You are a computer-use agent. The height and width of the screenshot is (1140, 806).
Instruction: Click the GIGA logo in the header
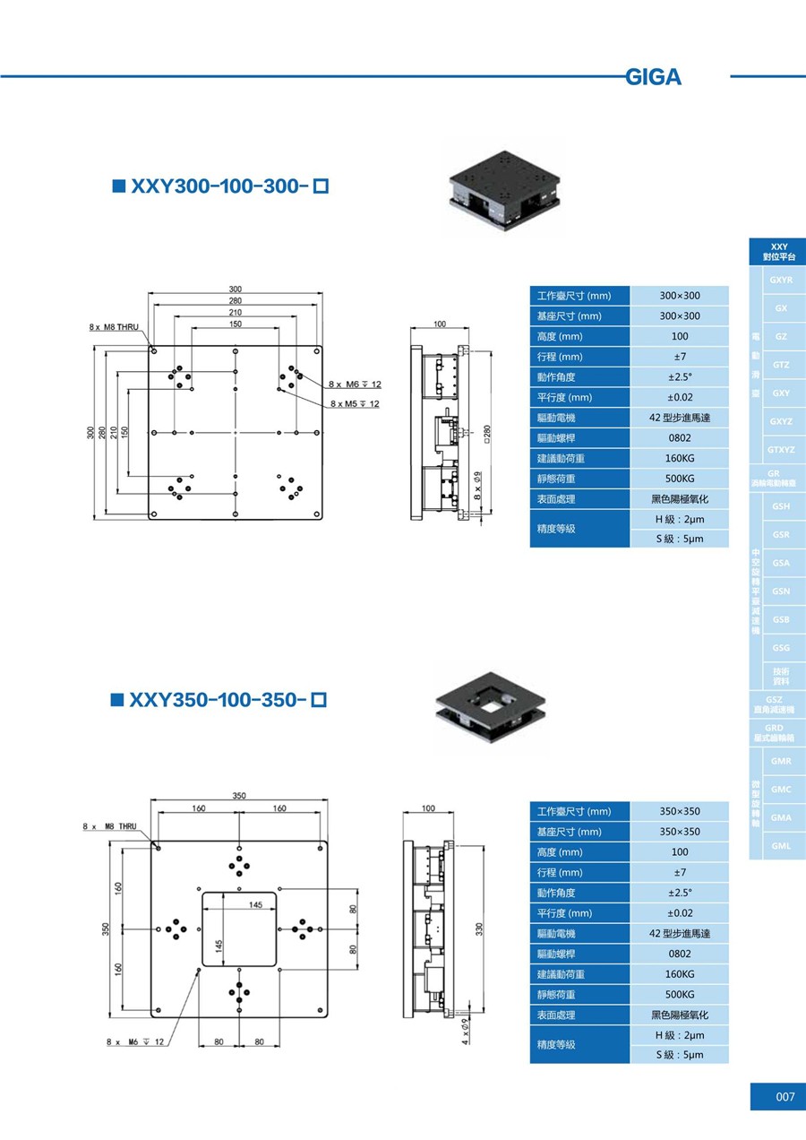click(654, 77)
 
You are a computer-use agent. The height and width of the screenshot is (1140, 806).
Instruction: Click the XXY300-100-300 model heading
click(220, 186)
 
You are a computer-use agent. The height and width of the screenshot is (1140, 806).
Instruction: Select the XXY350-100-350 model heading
click(219, 698)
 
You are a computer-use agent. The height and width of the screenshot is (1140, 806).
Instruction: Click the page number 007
click(785, 1097)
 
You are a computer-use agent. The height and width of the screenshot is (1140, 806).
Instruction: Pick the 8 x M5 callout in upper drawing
click(355, 404)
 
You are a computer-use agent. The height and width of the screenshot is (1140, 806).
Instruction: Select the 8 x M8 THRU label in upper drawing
click(114, 328)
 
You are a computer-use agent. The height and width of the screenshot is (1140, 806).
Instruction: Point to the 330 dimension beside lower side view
click(479, 931)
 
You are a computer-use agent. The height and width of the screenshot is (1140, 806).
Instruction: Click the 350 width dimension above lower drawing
click(239, 796)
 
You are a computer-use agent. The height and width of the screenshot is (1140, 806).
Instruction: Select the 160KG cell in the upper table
click(680, 458)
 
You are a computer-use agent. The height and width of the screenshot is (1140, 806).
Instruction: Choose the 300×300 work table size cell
click(680, 296)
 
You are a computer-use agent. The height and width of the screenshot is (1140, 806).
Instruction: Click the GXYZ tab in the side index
click(781, 421)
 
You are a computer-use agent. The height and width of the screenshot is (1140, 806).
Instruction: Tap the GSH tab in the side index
click(781, 506)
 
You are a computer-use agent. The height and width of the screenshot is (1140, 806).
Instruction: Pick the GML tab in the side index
click(781, 845)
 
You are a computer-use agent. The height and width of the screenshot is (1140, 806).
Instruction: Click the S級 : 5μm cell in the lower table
click(680, 1054)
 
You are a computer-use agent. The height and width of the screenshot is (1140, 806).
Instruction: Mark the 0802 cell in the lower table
click(680, 954)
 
